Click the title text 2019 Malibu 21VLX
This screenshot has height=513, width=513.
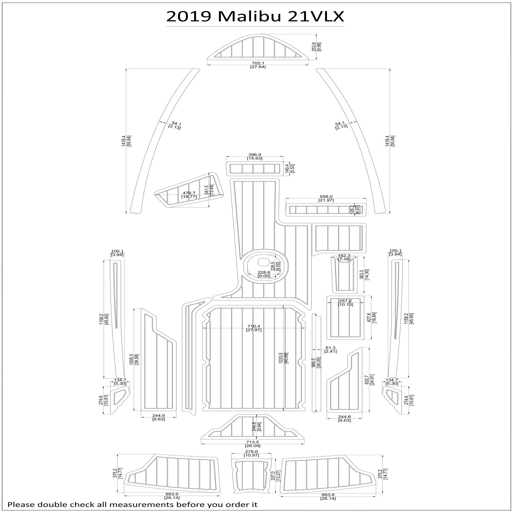coord(255,16)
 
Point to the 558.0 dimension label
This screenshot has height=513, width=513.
coord(326,196)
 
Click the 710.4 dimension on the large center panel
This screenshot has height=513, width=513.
coord(253,326)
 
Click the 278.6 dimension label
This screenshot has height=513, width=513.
coord(252,452)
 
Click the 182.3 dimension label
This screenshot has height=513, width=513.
coord(344,255)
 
